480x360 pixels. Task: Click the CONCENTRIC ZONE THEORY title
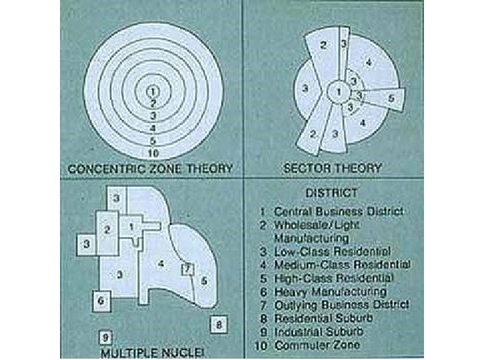151,168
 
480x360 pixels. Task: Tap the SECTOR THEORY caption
332,168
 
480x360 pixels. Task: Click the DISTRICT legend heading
331,193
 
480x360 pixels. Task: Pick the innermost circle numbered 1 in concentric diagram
153,91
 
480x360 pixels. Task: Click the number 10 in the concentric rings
153,153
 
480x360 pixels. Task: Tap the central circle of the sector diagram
339,91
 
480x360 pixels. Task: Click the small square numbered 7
188,268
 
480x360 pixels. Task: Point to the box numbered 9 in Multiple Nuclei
105,336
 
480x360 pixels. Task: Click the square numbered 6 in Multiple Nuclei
100,301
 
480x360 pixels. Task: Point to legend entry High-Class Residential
337,278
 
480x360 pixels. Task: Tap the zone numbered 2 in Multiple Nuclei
107,229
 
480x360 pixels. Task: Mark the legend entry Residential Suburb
323,319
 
